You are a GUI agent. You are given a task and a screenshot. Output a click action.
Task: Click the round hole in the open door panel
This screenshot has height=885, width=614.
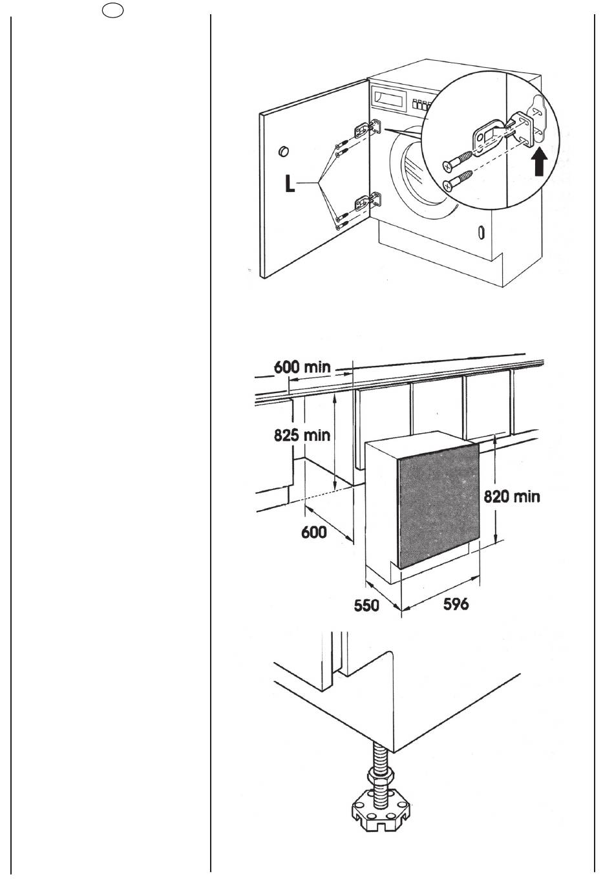282,151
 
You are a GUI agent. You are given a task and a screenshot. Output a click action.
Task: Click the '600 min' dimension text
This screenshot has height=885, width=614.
302,367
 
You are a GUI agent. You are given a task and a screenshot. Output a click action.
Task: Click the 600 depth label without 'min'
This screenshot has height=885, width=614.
315,531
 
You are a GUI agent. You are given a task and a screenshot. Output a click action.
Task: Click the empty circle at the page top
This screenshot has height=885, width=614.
111,14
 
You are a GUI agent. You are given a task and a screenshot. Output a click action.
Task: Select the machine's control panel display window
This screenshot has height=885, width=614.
389,100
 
